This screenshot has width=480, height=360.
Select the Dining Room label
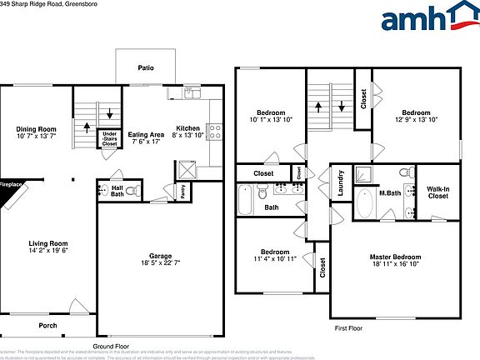[x=36, y=129]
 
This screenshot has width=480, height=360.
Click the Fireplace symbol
[x=12, y=192]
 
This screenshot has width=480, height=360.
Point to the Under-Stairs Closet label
[x=109, y=138]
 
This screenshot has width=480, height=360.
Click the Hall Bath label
[x=117, y=192]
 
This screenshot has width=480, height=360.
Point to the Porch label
[x=47, y=325]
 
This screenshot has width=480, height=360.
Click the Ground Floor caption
[x=110, y=346]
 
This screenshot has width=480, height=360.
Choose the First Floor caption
[x=350, y=327]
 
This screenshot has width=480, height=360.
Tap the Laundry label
[x=341, y=182]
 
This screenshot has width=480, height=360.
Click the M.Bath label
[x=391, y=192]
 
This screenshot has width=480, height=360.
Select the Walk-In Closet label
[x=438, y=192]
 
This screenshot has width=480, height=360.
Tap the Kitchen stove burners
[x=213, y=131]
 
